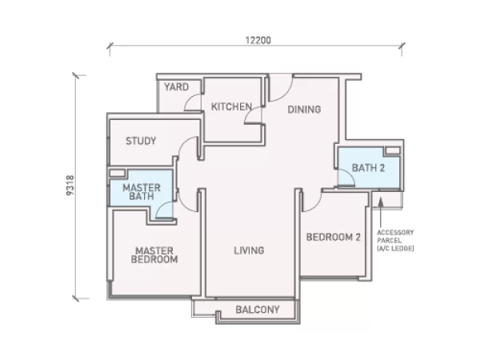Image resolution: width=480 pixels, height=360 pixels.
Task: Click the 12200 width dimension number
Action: point(258,40)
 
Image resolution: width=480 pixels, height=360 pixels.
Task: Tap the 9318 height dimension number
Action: point(70,186)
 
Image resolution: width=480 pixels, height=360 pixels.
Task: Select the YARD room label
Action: point(176,87)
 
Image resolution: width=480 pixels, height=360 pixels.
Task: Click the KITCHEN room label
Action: point(232,106)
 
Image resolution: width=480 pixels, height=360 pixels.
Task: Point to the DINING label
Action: point(304,110)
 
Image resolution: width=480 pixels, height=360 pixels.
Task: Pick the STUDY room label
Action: point(141,141)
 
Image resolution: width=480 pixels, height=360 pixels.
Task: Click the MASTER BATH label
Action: point(142,192)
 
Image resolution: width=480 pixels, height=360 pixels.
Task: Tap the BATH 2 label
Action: point(368,168)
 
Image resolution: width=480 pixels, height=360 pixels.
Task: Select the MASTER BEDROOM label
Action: point(154,255)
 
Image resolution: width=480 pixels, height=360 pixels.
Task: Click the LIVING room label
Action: point(249,250)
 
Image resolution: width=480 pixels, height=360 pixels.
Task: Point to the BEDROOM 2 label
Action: point(334,237)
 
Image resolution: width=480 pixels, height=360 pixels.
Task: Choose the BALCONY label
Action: point(258,310)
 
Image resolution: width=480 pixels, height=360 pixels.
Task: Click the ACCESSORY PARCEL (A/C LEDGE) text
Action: point(395,240)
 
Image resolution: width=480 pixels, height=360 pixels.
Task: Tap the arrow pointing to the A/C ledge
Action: point(381,213)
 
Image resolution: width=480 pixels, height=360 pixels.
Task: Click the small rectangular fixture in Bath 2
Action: point(393,150)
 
